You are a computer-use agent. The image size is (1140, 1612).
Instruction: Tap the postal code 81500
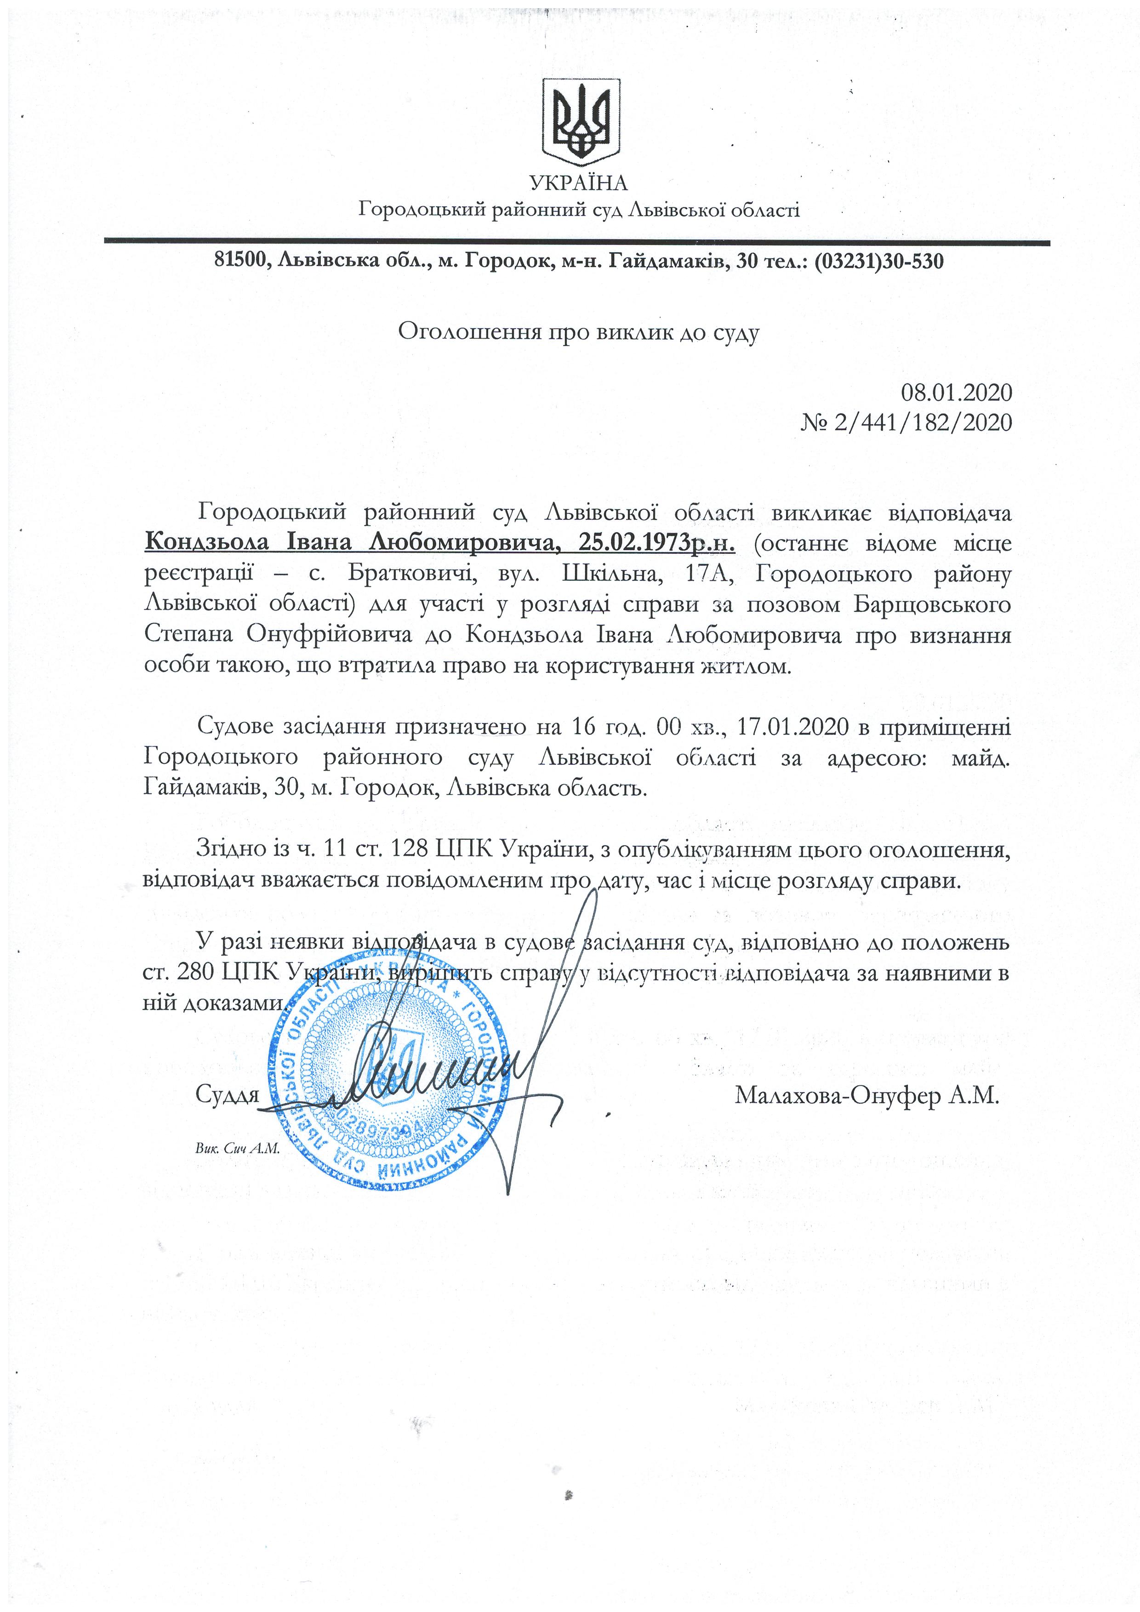coord(242,262)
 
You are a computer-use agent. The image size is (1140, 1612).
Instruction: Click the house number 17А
coord(703,574)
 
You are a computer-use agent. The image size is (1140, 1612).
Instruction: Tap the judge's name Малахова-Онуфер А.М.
coord(866,1095)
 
